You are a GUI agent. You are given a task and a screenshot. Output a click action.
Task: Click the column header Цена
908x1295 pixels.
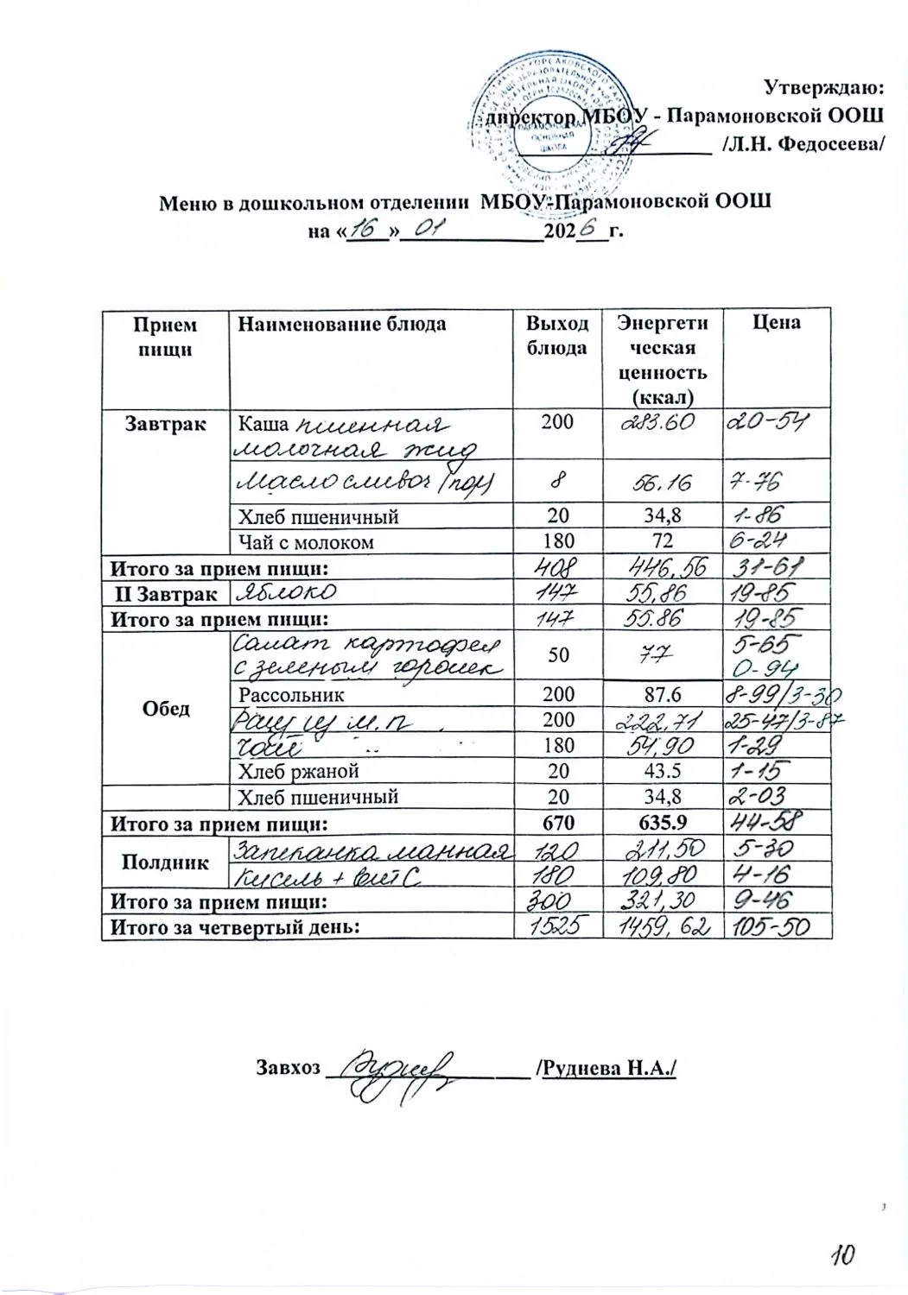click(x=777, y=323)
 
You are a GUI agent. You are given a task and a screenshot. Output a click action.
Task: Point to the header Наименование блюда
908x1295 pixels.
click(x=342, y=324)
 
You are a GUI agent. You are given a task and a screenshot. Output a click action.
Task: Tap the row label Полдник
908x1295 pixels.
click(x=164, y=861)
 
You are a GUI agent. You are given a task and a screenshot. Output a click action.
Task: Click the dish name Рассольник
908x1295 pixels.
click(x=291, y=693)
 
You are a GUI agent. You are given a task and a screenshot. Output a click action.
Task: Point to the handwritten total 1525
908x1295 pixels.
click(x=558, y=927)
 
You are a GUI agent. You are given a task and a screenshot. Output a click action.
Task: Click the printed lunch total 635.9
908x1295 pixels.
click(x=660, y=823)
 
